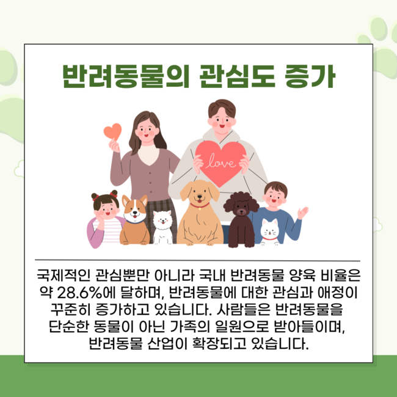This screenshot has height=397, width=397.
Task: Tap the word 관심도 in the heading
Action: pos(237,76)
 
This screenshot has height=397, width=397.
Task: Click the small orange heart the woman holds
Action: pos(112,131)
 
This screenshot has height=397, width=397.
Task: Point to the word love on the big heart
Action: pos(220,161)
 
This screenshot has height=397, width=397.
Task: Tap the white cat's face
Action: pos(270,230)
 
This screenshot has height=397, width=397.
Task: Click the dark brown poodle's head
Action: pos(241,204)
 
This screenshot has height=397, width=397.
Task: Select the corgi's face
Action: pos(135,209)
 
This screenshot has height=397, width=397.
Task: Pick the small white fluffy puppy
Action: pos(162,227)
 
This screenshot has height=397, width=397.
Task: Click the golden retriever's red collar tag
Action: pos(200,209)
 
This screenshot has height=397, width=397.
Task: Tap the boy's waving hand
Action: pos(302,213)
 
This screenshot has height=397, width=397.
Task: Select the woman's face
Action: pos(147,131)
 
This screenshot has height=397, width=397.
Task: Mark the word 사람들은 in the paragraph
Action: pos(243,310)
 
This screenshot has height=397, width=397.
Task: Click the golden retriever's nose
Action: pos(200,196)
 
